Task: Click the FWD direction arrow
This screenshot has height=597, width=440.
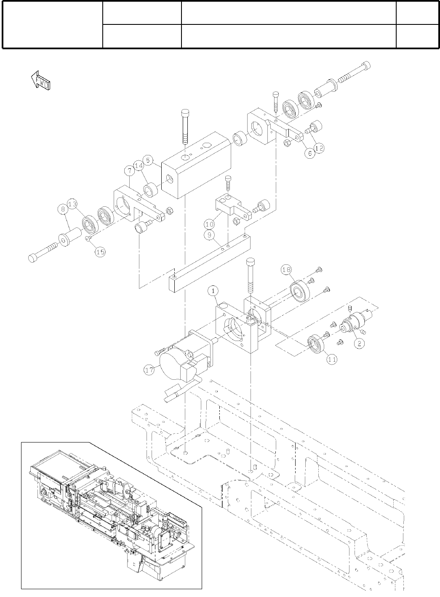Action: click(41, 80)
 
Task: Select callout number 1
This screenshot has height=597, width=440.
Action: click(214, 291)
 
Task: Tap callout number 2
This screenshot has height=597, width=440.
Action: click(359, 344)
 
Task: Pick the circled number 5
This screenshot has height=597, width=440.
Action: click(148, 160)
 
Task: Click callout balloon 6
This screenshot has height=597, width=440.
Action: click(309, 154)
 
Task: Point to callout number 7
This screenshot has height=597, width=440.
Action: click(129, 170)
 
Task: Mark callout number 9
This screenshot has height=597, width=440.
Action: click(209, 236)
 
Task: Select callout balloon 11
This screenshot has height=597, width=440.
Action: click(333, 359)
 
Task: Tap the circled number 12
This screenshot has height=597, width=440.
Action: click(320, 148)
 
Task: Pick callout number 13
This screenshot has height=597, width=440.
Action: click(73, 204)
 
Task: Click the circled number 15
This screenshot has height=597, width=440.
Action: click(100, 252)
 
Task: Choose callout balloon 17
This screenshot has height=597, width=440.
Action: click(149, 371)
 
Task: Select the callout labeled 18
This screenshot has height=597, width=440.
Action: click(286, 269)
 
